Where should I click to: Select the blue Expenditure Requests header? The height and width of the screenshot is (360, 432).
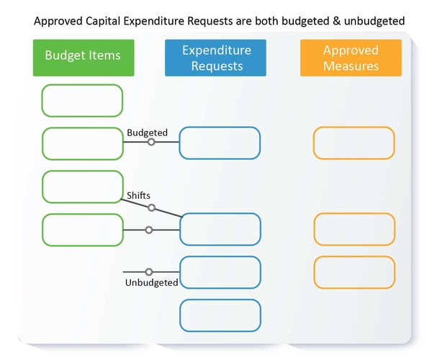pos(215,58)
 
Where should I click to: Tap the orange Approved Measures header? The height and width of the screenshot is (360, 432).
pos(351,58)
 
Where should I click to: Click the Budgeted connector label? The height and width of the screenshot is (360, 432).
pos(147,133)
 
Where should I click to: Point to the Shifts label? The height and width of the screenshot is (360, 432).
pos(138,195)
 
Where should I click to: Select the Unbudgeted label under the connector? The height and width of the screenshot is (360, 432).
pos(151,283)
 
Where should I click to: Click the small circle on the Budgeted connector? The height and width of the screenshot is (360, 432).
pos(151,142)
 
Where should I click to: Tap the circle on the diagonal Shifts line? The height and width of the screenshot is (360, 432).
pos(151,208)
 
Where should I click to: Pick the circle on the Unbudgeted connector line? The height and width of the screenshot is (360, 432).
pos(149,272)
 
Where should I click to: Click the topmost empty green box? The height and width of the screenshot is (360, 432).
pos(82,100)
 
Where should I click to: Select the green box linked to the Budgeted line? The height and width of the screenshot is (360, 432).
pos(82,143)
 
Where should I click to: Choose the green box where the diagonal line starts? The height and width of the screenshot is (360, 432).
pos(82,186)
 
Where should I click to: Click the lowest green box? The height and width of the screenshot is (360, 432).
pos(82,230)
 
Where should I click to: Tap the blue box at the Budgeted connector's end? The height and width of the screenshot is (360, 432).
pos(220,143)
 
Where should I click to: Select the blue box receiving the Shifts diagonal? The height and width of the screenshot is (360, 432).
pos(220,229)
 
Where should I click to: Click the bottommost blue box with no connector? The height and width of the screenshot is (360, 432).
pos(220,315)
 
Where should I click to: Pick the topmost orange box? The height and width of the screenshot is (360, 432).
pos(354,143)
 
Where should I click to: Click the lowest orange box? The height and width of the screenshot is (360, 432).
pos(354,272)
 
